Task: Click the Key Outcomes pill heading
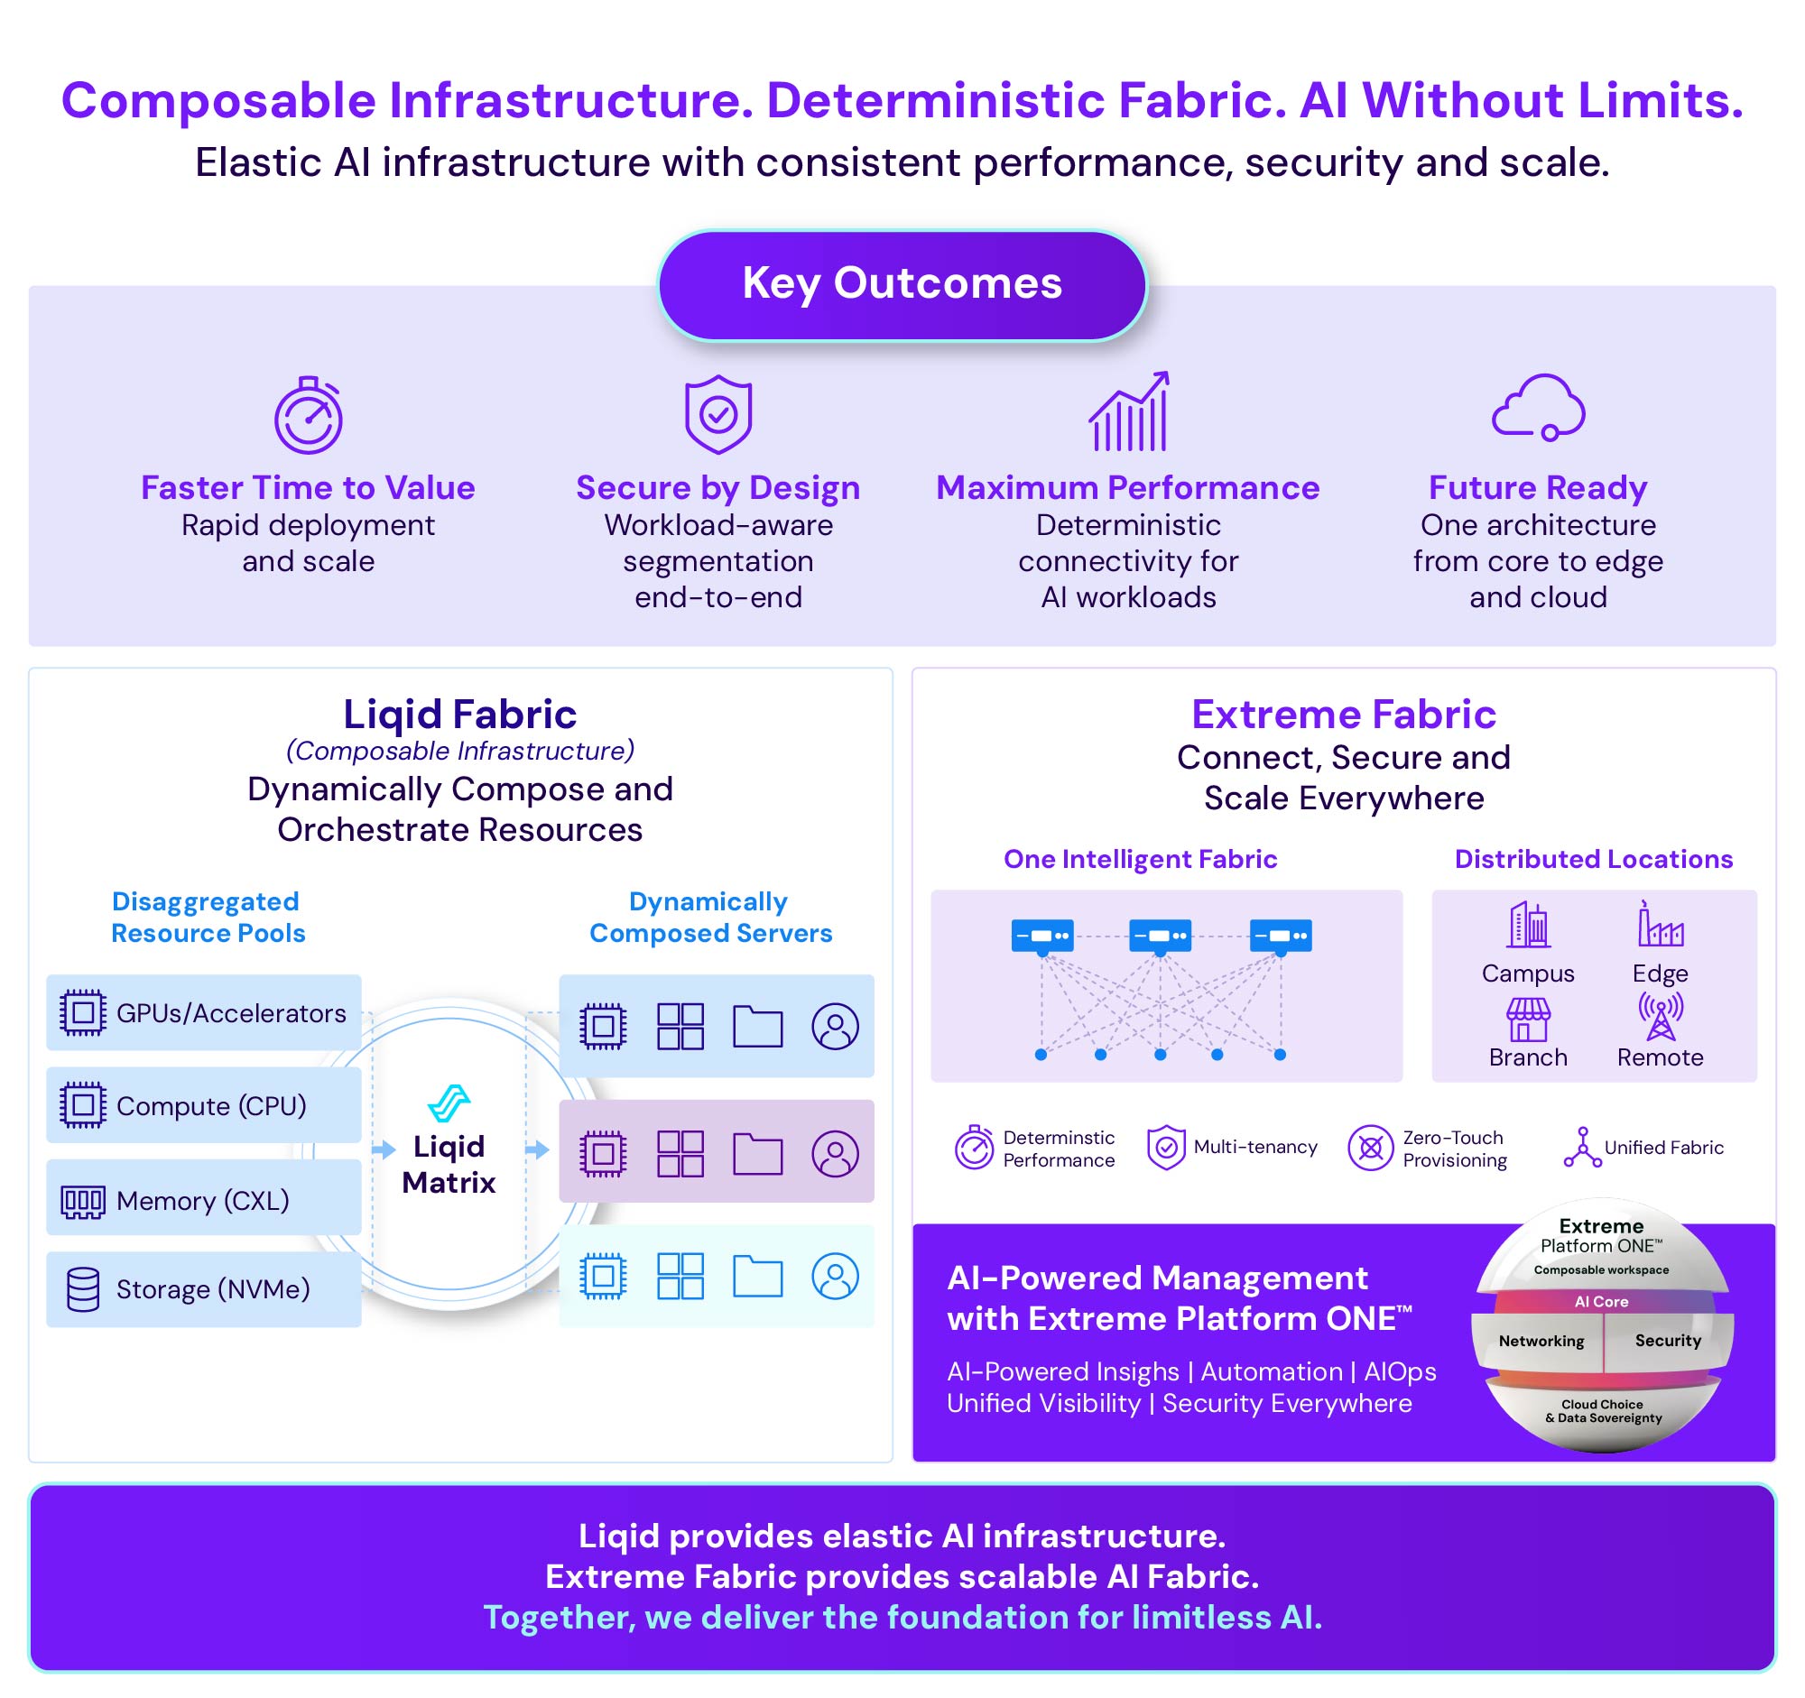tap(902, 285)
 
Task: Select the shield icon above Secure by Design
tap(718, 414)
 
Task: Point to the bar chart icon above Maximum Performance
tap(1129, 412)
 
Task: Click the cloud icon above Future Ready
tap(1538, 408)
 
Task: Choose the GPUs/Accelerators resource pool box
tap(204, 1013)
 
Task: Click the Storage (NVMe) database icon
tap(84, 1289)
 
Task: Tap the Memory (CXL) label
tap(202, 1201)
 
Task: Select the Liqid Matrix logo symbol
tap(449, 1103)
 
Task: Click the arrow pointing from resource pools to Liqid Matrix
tap(384, 1149)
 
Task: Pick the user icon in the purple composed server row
tap(836, 1153)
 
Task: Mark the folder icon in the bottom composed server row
tap(757, 1277)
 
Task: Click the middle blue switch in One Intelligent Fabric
tap(1161, 936)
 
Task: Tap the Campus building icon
tap(1529, 925)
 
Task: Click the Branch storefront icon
tap(1529, 1020)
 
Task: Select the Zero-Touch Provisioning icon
tap(1370, 1148)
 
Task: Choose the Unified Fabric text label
tap(1663, 1148)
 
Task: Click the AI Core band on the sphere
tap(1602, 1301)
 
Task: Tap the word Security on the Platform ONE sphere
tap(1668, 1342)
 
